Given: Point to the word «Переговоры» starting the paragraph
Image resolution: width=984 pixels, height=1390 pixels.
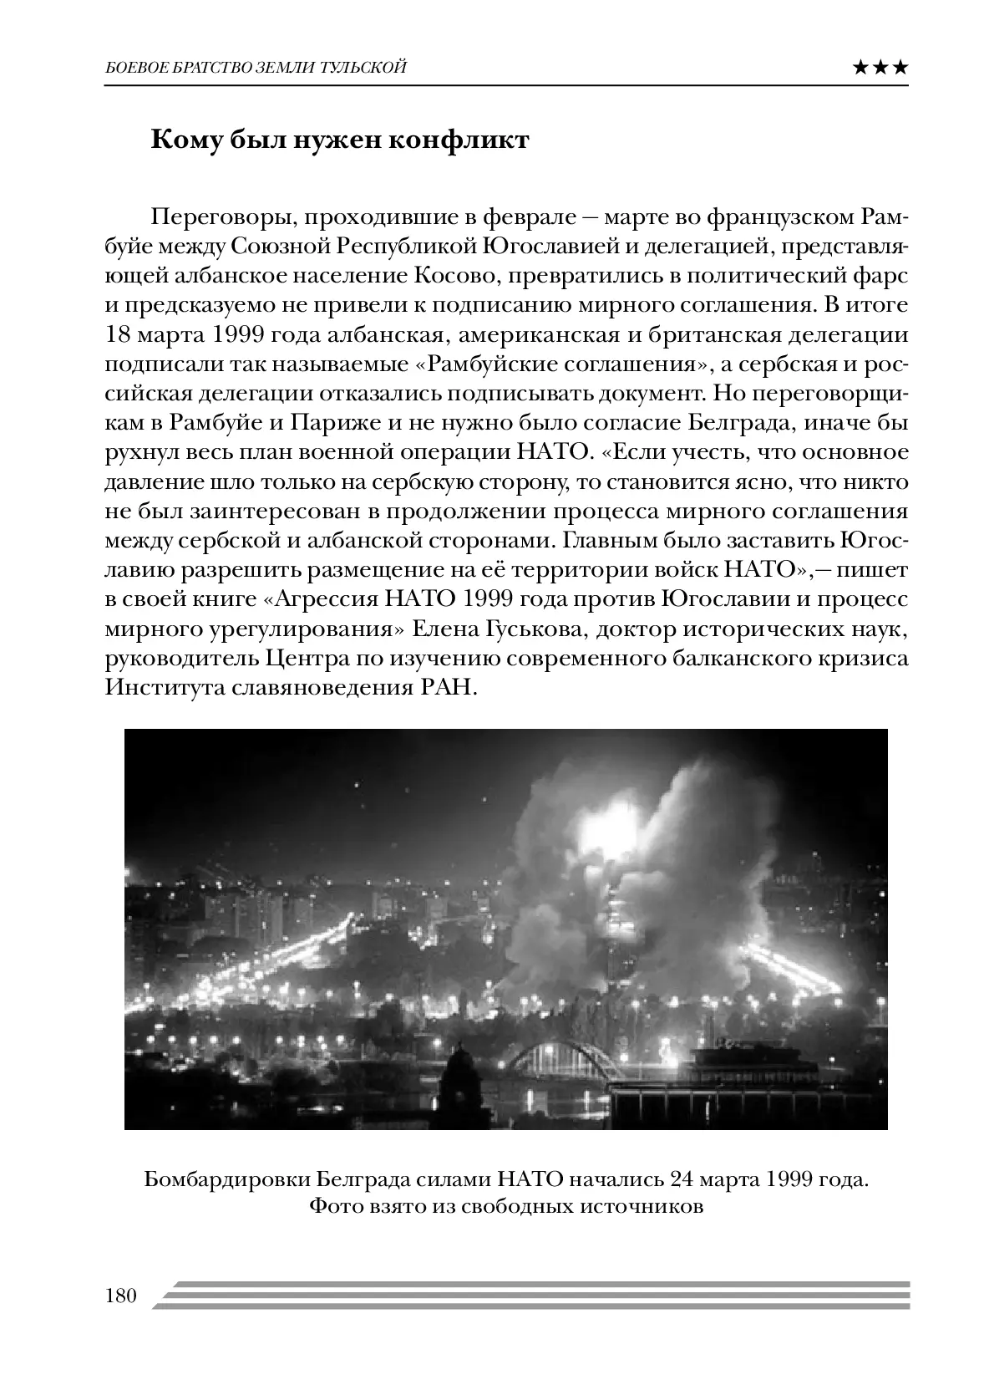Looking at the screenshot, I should (215, 218).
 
